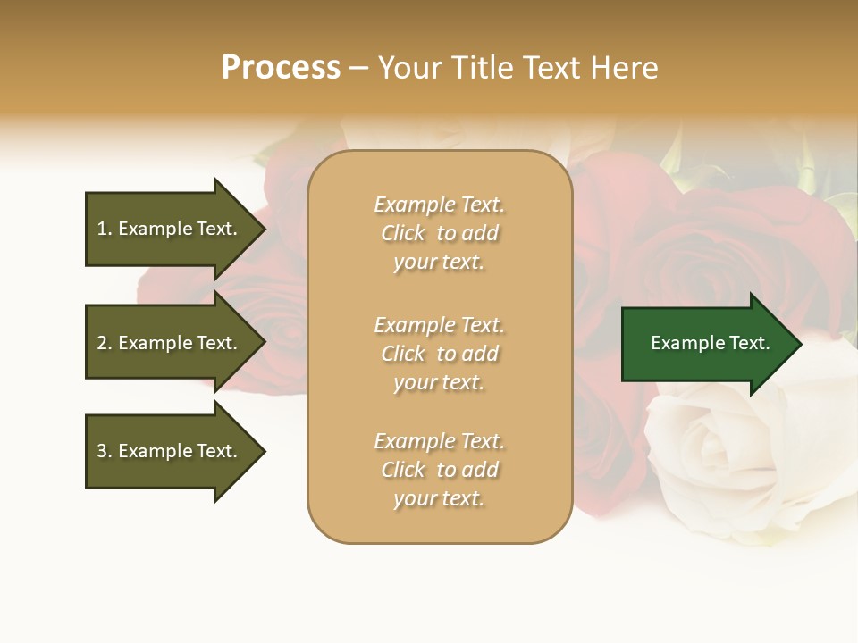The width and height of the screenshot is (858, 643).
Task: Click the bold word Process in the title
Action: click(x=281, y=68)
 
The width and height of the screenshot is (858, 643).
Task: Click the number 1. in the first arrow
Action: click(x=105, y=229)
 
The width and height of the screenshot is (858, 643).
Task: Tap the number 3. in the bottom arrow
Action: click(x=105, y=451)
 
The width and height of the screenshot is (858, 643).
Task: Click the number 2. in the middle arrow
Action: click(x=105, y=343)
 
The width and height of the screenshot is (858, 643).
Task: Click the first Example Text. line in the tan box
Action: click(x=439, y=205)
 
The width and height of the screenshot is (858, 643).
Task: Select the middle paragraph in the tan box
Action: click(x=439, y=354)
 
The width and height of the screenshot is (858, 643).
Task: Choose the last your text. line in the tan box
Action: click(x=439, y=498)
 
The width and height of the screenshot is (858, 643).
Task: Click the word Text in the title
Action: click(x=551, y=68)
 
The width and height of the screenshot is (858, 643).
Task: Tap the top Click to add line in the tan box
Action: click(x=439, y=233)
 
